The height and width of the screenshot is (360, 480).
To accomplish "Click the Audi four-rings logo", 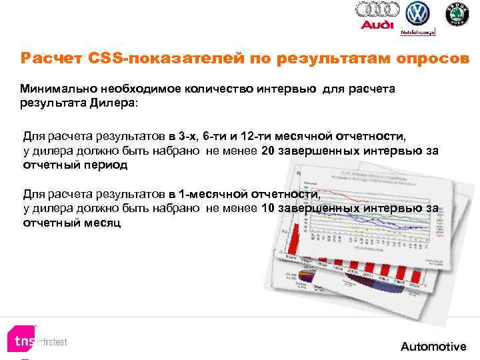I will (377, 9).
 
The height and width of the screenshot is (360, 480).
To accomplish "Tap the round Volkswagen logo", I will (418, 13).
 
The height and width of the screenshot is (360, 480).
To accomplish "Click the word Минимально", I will (59, 88).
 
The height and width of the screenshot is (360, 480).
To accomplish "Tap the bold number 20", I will (269, 151).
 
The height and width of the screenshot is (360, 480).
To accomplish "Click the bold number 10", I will (269, 209).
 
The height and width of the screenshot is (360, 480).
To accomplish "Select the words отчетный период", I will (75, 164).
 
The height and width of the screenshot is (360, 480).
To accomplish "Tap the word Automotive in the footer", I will (433, 347).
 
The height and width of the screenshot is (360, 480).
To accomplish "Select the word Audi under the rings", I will (377, 25).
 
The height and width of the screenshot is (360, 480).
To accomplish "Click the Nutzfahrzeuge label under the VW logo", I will (417, 31).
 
